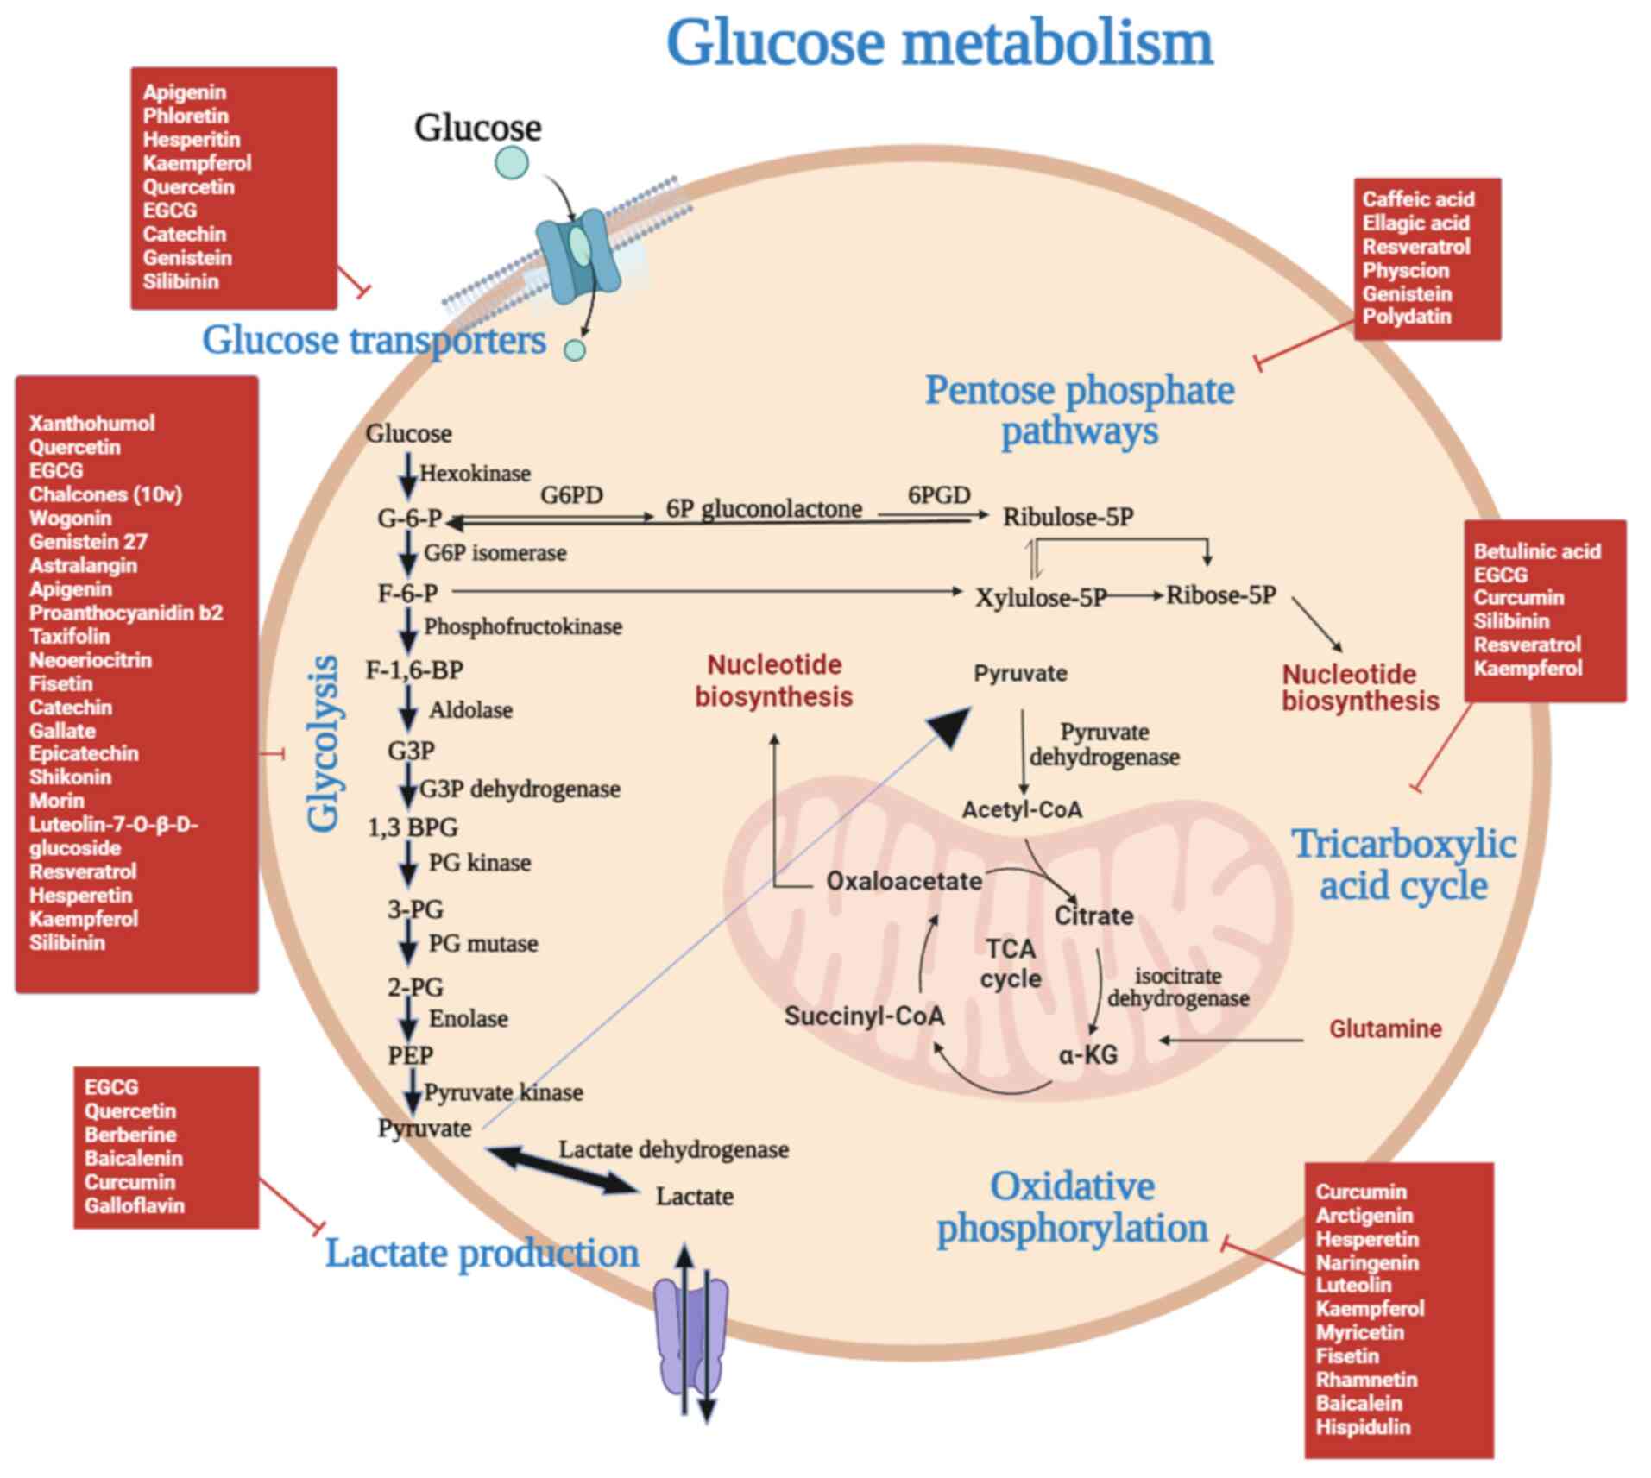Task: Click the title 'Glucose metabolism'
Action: coord(939,43)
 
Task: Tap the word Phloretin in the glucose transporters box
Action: coord(186,116)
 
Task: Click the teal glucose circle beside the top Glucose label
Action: coord(511,162)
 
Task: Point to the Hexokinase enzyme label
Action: coord(475,473)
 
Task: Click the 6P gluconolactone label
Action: coord(764,509)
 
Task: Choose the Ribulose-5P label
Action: coord(1068,517)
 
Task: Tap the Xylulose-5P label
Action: coord(1040,597)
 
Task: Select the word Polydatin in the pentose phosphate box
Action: coord(1406,317)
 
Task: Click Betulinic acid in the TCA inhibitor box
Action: coord(1536,551)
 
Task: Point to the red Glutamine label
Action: coord(1384,1028)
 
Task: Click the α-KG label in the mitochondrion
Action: coord(1087,1053)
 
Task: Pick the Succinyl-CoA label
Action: coord(864,1016)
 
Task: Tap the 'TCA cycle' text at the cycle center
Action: coord(1010,964)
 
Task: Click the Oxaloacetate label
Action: coord(904,881)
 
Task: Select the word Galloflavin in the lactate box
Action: coord(134,1205)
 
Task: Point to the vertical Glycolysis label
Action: coord(325,744)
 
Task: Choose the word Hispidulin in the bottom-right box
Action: coord(1362,1426)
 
